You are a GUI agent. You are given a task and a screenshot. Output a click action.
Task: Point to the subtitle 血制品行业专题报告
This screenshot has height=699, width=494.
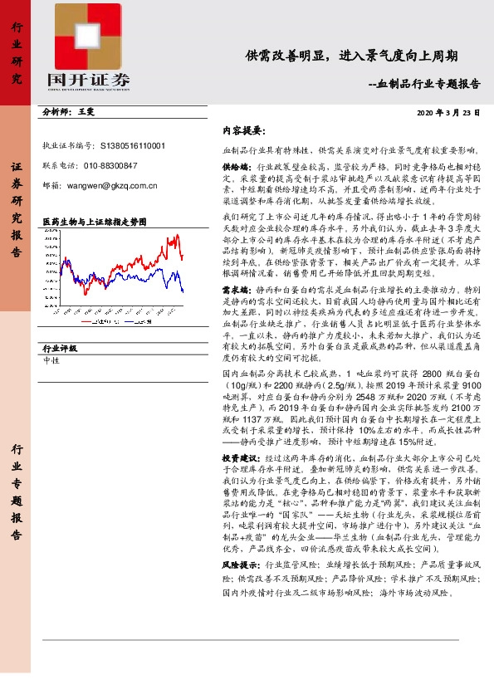click(x=423, y=83)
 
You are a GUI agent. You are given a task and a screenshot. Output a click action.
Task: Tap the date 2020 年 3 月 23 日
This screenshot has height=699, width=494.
click(x=448, y=112)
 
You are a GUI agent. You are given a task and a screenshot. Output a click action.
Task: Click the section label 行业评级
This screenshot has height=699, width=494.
click(x=59, y=349)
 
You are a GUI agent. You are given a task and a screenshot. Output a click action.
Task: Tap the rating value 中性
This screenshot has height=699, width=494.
click(x=50, y=361)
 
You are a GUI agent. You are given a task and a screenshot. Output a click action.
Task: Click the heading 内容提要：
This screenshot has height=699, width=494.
click(x=242, y=131)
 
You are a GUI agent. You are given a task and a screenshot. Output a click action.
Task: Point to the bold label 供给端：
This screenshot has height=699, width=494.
click(x=237, y=166)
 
